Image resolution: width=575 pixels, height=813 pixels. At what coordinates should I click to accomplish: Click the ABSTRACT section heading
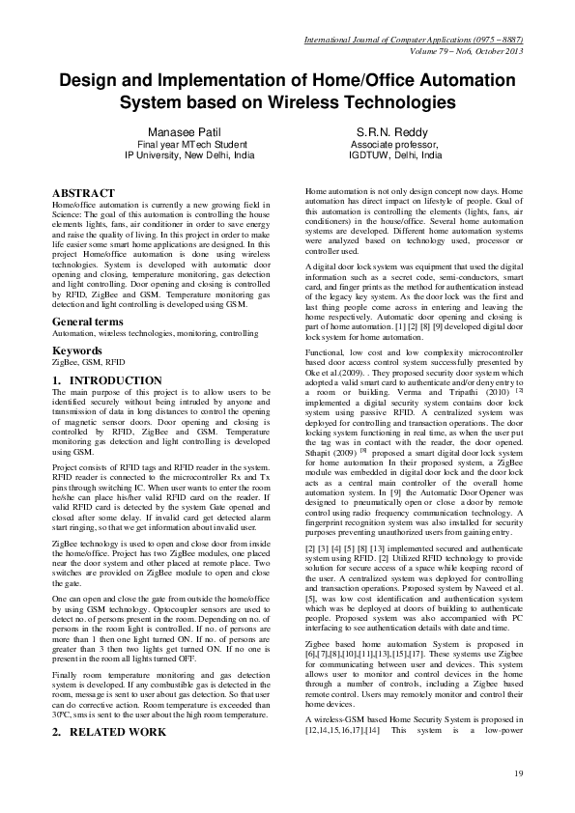tap(87, 193)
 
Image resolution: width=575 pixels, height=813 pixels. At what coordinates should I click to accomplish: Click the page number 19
tap(518, 773)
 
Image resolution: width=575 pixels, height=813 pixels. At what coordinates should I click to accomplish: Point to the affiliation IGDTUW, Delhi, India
tap(395, 154)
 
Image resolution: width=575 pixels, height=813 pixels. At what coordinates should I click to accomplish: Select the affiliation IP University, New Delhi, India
tap(190, 154)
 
